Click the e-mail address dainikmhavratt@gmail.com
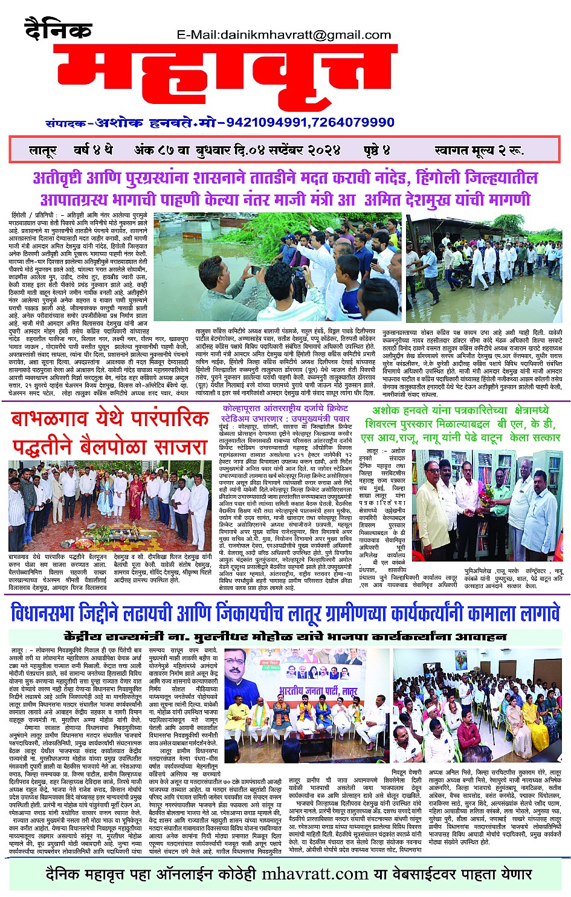pos(284,35)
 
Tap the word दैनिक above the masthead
pos(58,29)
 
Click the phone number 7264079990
pos(353,123)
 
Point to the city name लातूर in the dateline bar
pos(42,151)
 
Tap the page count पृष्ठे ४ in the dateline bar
pos(377,150)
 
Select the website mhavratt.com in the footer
pos(315,874)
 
